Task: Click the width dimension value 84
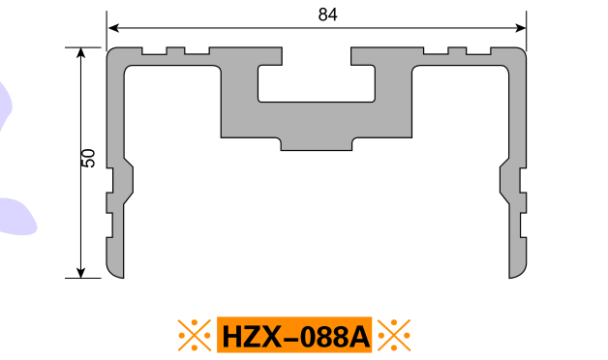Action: [327, 15]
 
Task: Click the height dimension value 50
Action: [89, 158]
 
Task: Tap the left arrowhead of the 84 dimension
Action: [113, 28]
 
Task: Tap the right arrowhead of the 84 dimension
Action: [520, 28]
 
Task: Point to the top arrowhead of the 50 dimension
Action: [80, 52]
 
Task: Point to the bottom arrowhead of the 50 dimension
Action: [80, 273]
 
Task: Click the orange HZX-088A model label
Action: [294, 335]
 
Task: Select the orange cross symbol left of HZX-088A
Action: [195, 335]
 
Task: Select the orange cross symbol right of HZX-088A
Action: [394, 335]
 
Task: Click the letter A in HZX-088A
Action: [359, 337]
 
